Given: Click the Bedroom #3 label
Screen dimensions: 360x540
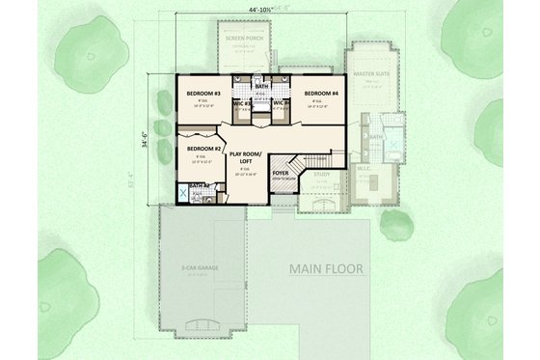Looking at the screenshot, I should pyautogui.click(x=203, y=94).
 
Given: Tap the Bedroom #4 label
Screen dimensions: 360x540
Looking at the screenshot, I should pyautogui.click(x=321, y=94).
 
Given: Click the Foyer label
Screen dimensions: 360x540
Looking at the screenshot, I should pyautogui.click(x=281, y=175).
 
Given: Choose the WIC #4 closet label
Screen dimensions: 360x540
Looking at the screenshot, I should pyautogui.click(x=280, y=102).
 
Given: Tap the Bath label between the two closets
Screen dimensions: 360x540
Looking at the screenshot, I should pyautogui.click(x=261, y=87).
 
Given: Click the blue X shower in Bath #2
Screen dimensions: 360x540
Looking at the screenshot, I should pyautogui.click(x=183, y=191).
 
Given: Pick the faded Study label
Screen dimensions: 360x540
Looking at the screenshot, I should pyautogui.click(x=320, y=176).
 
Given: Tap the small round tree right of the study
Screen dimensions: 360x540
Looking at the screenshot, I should pyautogui.click(x=394, y=222).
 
